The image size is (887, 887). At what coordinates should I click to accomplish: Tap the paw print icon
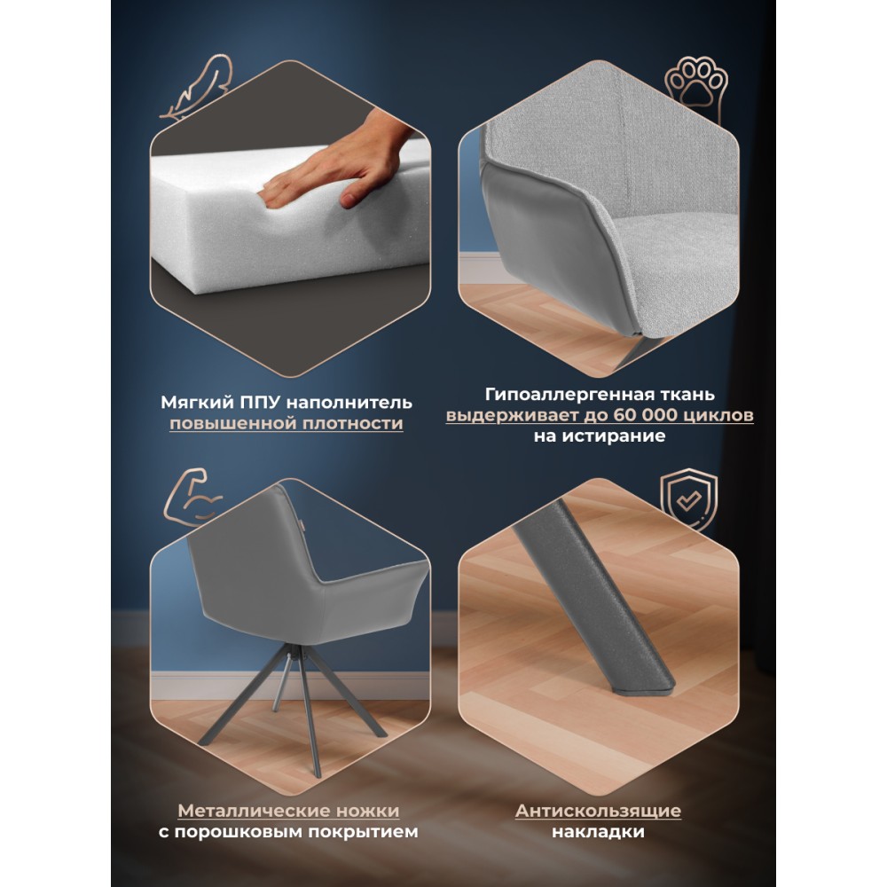(695, 85)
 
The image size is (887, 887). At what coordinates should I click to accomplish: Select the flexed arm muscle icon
(192, 497)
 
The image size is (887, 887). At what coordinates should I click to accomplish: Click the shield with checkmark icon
(689, 500)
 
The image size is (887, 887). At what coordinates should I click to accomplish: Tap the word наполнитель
(349, 402)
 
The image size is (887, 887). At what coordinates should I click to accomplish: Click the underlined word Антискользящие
(598, 811)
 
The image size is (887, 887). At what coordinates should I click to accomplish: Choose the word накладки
(598, 832)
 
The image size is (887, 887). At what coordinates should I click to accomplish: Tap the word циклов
(718, 415)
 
